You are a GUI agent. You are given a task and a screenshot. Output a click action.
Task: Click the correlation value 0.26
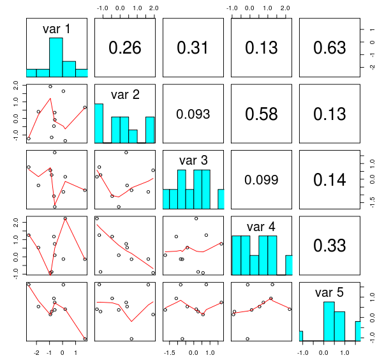[x=125, y=48]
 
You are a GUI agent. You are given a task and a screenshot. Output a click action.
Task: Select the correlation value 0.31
[x=193, y=48]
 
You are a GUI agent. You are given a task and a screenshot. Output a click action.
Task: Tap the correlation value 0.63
[x=330, y=48]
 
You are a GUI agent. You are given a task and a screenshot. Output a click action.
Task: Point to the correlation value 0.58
[x=262, y=114]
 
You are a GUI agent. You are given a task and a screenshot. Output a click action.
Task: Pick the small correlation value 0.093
[x=193, y=114]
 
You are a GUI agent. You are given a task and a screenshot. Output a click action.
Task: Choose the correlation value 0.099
[x=262, y=180]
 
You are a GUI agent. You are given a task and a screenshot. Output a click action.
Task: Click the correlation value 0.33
[x=330, y=245]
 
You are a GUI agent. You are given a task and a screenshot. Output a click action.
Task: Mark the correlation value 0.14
[x=330, y=180]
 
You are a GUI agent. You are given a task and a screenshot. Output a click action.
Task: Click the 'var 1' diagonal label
[x=56, y=29]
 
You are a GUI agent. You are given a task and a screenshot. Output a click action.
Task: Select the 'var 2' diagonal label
[x=125, y=94]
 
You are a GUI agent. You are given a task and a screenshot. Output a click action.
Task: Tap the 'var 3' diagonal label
[x=193, y=160]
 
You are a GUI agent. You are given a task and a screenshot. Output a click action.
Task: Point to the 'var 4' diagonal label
[x=262, y=226]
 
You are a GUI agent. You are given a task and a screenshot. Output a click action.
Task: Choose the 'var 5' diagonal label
[x=330, y=292]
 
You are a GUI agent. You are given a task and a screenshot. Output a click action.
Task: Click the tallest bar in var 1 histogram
[x=56, y=57]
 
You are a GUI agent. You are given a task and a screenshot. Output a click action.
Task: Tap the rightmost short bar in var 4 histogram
[x=288, y=265]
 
